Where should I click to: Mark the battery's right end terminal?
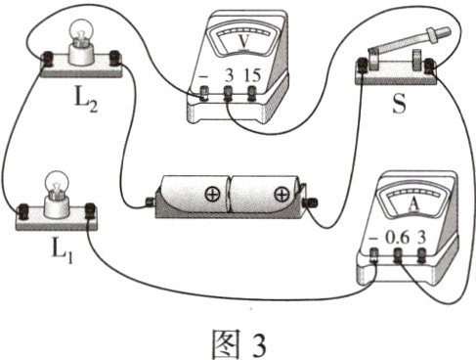pyautogui.click(x=312, y=202)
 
